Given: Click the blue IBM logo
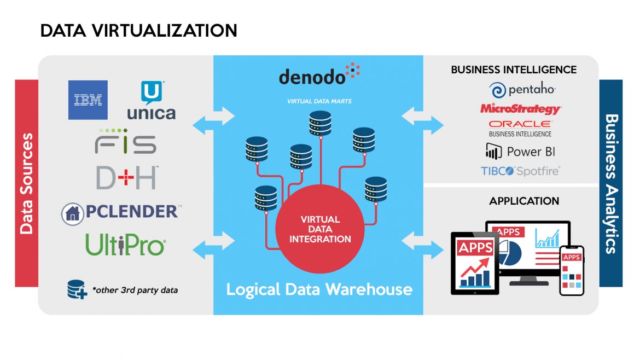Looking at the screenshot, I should click(x=88, y=100).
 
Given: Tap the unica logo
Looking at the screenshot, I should click(x=151, y=102).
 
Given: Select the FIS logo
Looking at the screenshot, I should click(x=126, y=142).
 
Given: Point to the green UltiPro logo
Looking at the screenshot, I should click(x=126, y=245).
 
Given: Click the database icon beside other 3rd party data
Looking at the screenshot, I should click(x=77, y=289).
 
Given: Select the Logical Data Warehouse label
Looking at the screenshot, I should click(x=319, y=289).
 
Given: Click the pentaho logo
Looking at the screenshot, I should click(x=522, y=90).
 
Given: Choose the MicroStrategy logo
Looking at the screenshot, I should click(x=520, y=108).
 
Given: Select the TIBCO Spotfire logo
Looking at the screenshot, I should click(x=520, y=171).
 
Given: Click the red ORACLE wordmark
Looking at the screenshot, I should click(x=520, y=124).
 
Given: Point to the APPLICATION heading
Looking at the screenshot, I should click(x=524, y=201).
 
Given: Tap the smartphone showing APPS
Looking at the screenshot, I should click(x=572, y=271).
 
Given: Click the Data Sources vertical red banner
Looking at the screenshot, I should click(x=27, y=183).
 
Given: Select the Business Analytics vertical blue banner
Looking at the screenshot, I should click(x=611, y=183).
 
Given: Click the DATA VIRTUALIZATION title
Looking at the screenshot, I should click(x=138, y=31).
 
